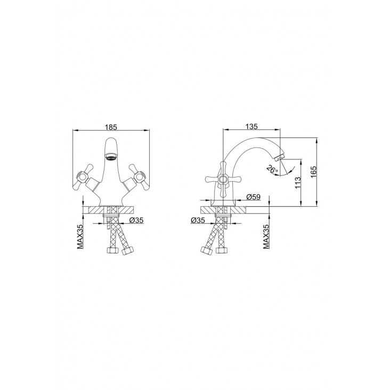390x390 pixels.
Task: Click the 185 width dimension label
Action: tap(111, 127)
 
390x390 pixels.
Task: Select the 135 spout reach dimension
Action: tap(251, 126)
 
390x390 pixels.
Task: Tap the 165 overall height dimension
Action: tap(313, 172)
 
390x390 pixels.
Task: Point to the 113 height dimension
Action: tap(298, 183)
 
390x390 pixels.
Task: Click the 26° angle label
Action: tap(272, 169)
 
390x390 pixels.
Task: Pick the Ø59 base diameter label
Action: tap(254, 197)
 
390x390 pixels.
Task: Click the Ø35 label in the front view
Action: tap(136, 220)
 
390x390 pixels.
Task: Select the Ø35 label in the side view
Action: tap(198, 220)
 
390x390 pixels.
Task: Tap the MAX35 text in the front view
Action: tap(80, 237)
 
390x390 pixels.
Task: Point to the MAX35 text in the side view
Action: tap(266, 237)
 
